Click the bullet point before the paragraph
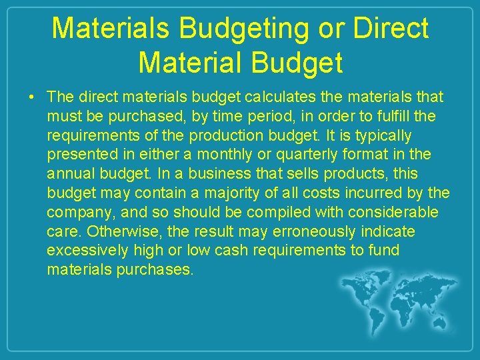(x=32, y=98)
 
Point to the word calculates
(x=276, y=97)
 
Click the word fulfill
(x=391, y=117)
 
